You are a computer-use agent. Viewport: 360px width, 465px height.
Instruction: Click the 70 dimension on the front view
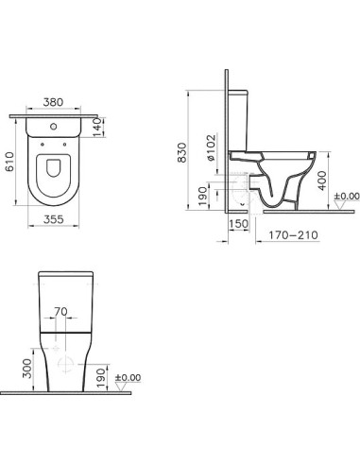(x=61, y=309)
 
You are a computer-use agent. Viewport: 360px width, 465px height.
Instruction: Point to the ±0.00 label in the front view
(x=127, y=378)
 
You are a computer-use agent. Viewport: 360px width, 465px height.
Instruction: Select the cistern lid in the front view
(x=64, y=275)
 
